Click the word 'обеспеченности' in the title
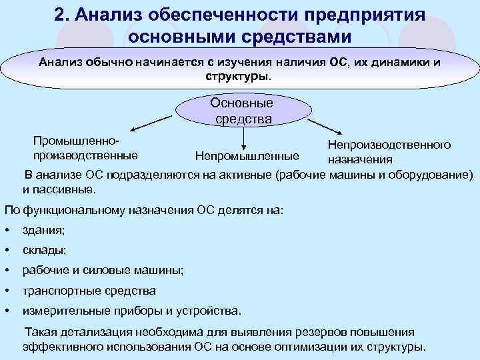pyautogui.click(x=226, y=15)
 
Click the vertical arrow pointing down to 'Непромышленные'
pyautogui.click(x=245, y=137)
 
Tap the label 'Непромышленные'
pyautogui.click(x=247, y=157)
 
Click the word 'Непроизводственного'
pyautogui.click(x=389, y=145)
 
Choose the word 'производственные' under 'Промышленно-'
pyautogui.click(x=85, y=155)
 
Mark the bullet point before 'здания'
pyautogui.click(x=6, y=231)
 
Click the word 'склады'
pyautogui.click(x=44, y=251)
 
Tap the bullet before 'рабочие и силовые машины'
pyautogui.click(x=6, y=271)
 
